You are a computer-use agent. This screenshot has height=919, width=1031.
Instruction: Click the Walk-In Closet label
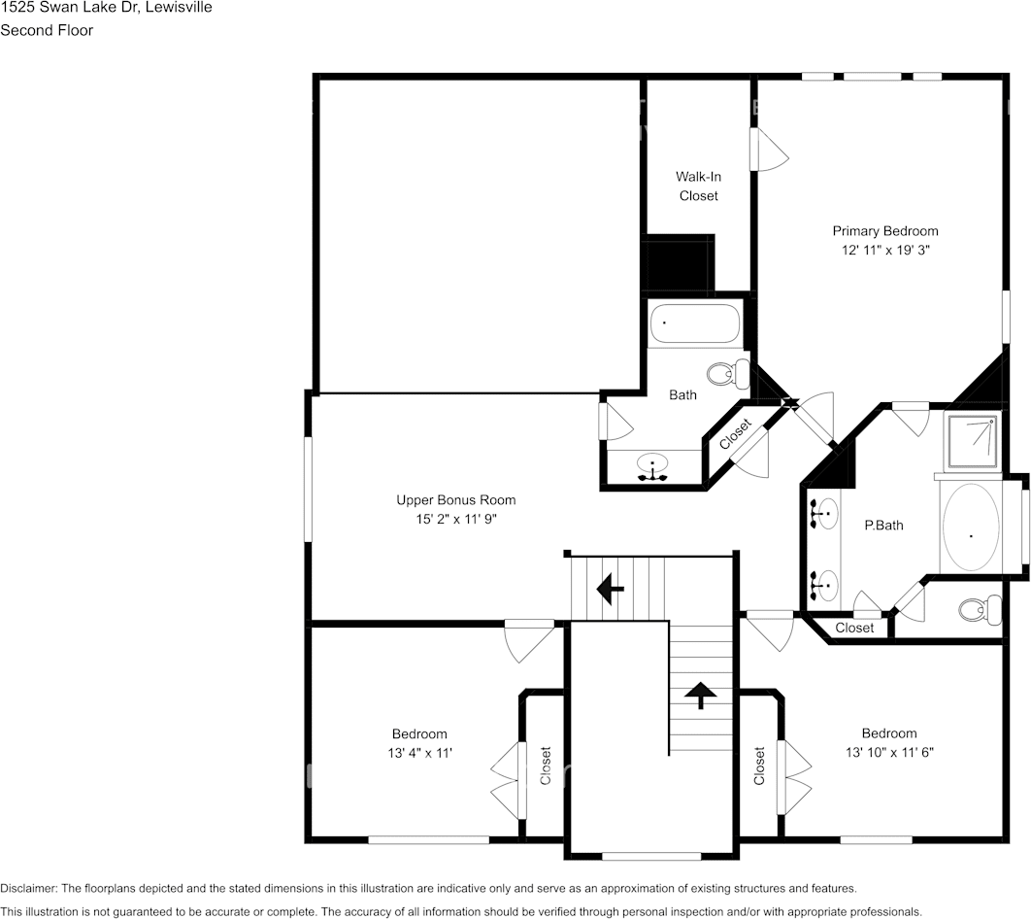click(x=698, y=187)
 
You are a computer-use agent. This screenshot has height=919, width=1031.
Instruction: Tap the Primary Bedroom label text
click(x=884, y=231)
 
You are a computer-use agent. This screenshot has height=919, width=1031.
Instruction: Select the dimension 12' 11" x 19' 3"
click(x=884, y=250)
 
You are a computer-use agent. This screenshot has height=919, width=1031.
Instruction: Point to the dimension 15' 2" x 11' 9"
click(x=455, y=519)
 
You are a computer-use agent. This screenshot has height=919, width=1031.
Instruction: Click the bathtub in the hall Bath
click(x=694, y=323)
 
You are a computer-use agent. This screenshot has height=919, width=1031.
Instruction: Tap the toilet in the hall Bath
click(x=726, y=373)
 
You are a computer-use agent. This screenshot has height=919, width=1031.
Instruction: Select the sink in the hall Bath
click(x=653, y=465)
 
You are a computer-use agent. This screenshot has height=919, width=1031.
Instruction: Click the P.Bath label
click(x=883, y=526)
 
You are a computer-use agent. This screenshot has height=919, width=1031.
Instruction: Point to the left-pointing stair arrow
click(x=610, y=588)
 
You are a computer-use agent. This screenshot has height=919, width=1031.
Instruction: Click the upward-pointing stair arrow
click(x=700, y=694)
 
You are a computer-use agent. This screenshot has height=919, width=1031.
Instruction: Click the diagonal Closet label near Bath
click(x=735, y=433)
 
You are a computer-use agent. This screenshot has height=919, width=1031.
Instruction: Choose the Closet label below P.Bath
click(x=854, y=628)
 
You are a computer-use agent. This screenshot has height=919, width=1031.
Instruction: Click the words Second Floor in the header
click(x=47, y=30)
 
